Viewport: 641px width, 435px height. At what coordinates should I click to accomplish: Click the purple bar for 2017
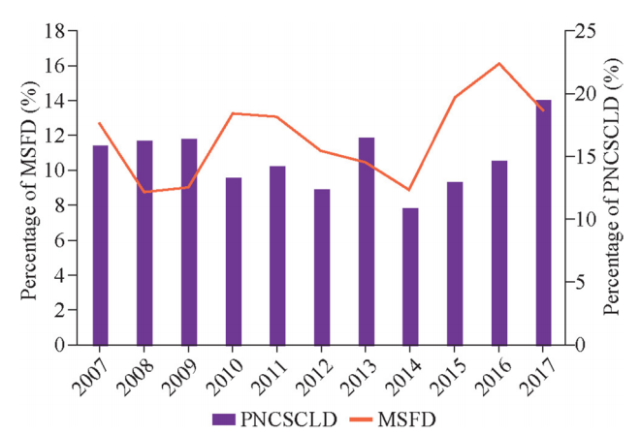coord(544,223)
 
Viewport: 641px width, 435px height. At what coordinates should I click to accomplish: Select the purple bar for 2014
coord(410,276)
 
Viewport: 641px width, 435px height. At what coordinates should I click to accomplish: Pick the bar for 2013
coord(366,241)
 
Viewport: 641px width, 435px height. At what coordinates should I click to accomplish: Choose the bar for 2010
coord(234,262)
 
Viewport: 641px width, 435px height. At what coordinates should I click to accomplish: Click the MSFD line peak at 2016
coord(499,64)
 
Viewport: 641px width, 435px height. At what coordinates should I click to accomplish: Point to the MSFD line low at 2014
coord(410,190)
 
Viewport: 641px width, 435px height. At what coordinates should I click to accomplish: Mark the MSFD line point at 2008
coord(144,192)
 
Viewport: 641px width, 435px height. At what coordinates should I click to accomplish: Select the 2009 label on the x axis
coord(178,373)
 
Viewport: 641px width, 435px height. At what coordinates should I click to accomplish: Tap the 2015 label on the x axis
coord(444,373)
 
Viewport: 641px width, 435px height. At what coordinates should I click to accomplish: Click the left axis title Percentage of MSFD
coord(29,187)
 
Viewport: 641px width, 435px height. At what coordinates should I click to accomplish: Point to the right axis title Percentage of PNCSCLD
coord(611,187)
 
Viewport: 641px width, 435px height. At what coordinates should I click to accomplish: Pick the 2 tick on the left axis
coord(62,310)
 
